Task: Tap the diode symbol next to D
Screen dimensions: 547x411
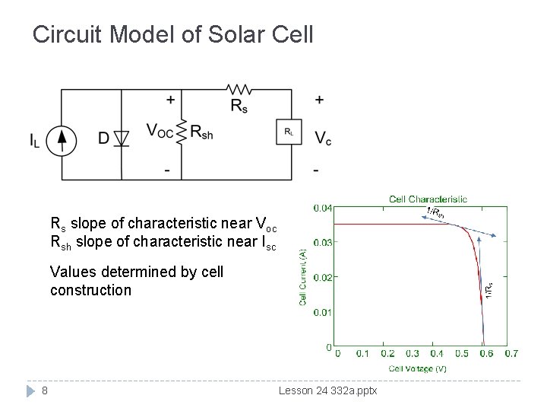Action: (121, 139)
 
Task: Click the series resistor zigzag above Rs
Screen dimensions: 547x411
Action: (241, 90)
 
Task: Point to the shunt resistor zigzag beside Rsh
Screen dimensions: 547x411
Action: (181, 132)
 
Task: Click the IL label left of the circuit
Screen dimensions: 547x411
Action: (35, 140)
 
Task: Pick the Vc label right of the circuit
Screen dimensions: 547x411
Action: (323, 139)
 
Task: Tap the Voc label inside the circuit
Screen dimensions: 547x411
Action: (160, 132)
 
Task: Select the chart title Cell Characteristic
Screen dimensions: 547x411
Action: (428, 199)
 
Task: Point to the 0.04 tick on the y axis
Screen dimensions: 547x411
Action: (322, 208)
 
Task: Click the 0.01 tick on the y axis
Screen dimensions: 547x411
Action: (322, 312)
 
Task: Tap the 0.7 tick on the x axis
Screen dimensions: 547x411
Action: (511, 353)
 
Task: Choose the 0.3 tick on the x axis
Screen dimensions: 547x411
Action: (412, 353)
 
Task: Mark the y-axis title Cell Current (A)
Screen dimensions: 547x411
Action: (302, 277)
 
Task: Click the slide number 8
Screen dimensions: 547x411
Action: (46, 391)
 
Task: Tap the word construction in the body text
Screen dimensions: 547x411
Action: (90, 290)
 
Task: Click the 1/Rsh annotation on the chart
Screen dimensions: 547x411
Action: (438, 212)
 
